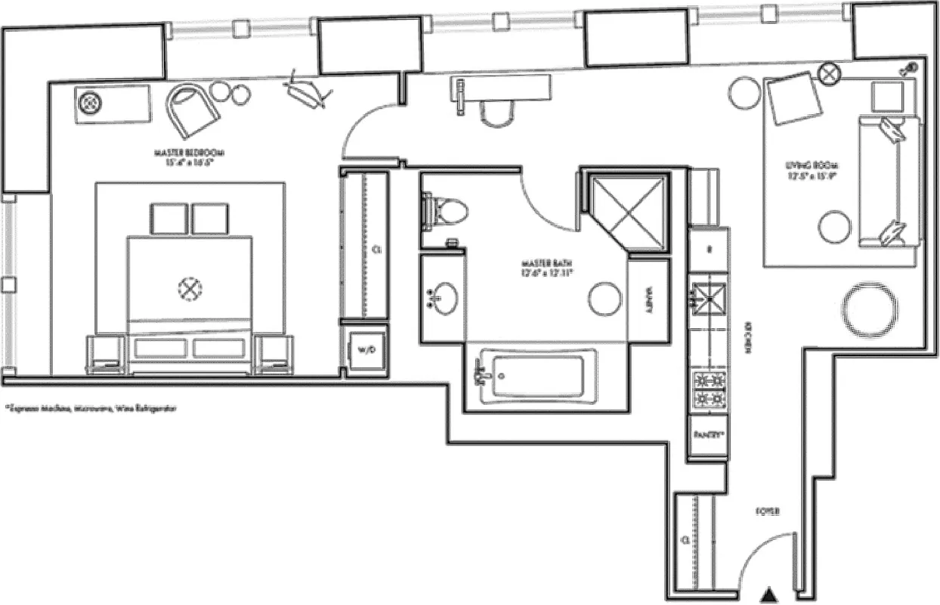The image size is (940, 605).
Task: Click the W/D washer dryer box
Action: click(x=366, y=349)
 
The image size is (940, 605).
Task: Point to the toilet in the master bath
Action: click(x=447, y=211)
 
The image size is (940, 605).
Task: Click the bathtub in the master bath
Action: click(x=538, y=374)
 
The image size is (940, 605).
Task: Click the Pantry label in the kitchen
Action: click(x=708, y=435)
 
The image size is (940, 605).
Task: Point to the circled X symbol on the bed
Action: click(x=190, y=287)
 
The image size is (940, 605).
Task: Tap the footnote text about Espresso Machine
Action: click(x=90, y=408)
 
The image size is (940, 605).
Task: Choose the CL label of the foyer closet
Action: click(x=685, y=541)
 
